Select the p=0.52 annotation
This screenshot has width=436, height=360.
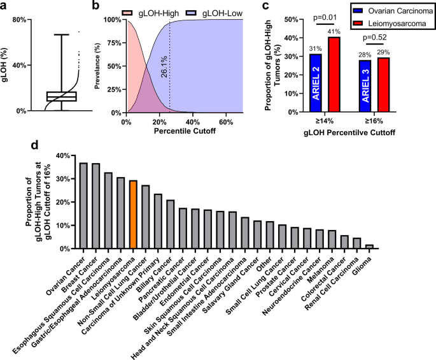coord(374,38)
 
